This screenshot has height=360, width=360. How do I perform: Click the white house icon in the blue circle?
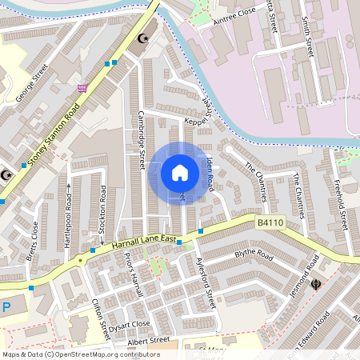tap(180, 173)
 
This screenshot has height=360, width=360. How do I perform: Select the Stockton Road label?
tap(102, 210)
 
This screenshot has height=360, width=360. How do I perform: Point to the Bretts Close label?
tap(33, 241)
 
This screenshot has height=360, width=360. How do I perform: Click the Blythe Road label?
tap(254, 258)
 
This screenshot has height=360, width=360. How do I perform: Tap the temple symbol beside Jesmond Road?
tap(318, 282)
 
